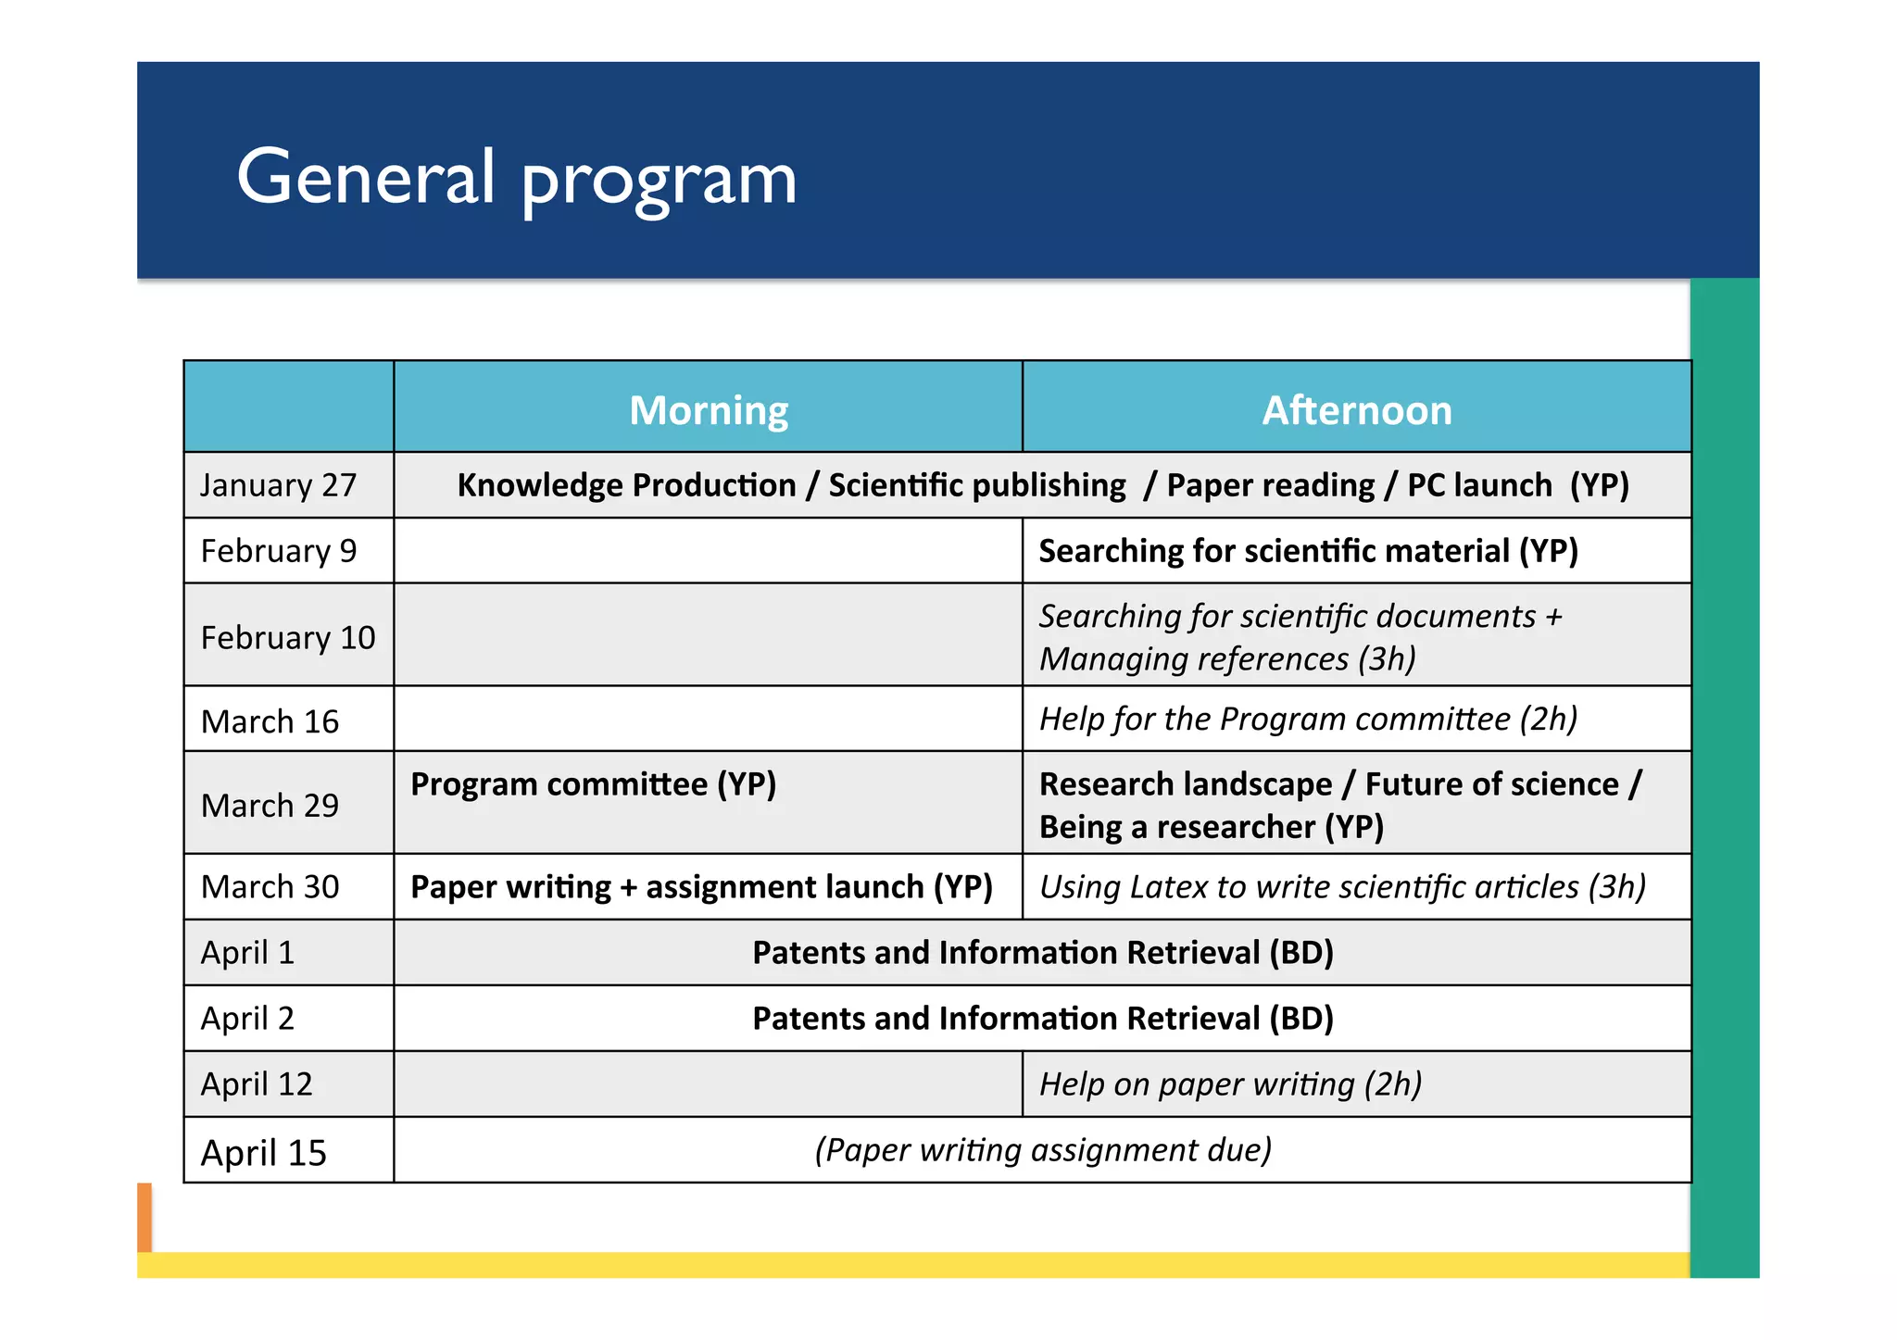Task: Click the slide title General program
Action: click(516, 178)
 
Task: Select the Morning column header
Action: click(709, 410)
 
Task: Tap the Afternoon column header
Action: click(1357, 410)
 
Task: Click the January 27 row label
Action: click(279, 485)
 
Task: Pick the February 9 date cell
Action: click(279, 551)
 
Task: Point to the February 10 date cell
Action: click(288, 637)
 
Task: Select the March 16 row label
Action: click(270, 721)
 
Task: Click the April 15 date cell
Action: click(264, 1153)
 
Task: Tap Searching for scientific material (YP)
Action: click(1308, 551)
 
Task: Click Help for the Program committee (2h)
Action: click(1308, 719)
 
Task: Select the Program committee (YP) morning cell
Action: click(593, 784)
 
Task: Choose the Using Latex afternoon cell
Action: click(1342, 887)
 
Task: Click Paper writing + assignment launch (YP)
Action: click(701, 887)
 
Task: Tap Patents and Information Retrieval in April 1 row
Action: click(1042, 953)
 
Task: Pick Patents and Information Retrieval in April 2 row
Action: click(1042, 1019)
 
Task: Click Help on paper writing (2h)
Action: click(1230, 1084)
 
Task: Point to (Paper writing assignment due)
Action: click(1042, 1150)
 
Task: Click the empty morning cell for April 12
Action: click(708, 1084)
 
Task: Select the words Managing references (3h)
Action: click(1227, 659)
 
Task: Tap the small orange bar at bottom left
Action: click(144, 1217)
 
